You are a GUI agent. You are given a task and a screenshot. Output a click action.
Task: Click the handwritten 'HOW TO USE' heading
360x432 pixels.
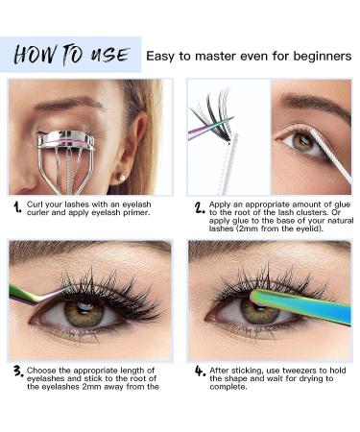click(72, 55)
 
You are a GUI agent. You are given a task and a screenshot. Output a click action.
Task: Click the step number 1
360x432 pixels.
click(17, 207)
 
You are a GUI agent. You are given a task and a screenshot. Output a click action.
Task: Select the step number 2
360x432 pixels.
click(200, 207)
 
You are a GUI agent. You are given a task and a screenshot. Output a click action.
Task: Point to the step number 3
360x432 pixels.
click(18, 371)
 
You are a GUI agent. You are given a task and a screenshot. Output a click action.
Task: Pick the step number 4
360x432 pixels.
click(200, 371)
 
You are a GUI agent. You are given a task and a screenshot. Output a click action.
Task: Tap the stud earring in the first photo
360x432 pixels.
click(120, 177)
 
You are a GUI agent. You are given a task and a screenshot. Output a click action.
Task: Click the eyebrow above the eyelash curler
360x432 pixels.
click(69, 104)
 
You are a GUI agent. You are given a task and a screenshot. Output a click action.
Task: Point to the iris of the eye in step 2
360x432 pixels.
click(302, 142)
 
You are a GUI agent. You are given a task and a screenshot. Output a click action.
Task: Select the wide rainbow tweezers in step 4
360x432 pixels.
click(300, 305)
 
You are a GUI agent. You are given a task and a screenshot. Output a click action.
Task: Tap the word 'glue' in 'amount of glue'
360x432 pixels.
click(343, 204)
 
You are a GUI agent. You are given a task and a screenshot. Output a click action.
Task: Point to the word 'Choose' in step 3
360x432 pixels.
click(42, 371)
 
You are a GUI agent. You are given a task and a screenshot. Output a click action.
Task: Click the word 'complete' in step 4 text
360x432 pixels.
click(228, 387)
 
